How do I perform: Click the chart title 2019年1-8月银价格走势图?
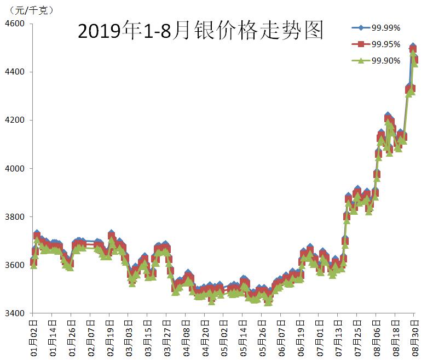click(200, 31)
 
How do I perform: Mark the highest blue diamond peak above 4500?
click(413, 47)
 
